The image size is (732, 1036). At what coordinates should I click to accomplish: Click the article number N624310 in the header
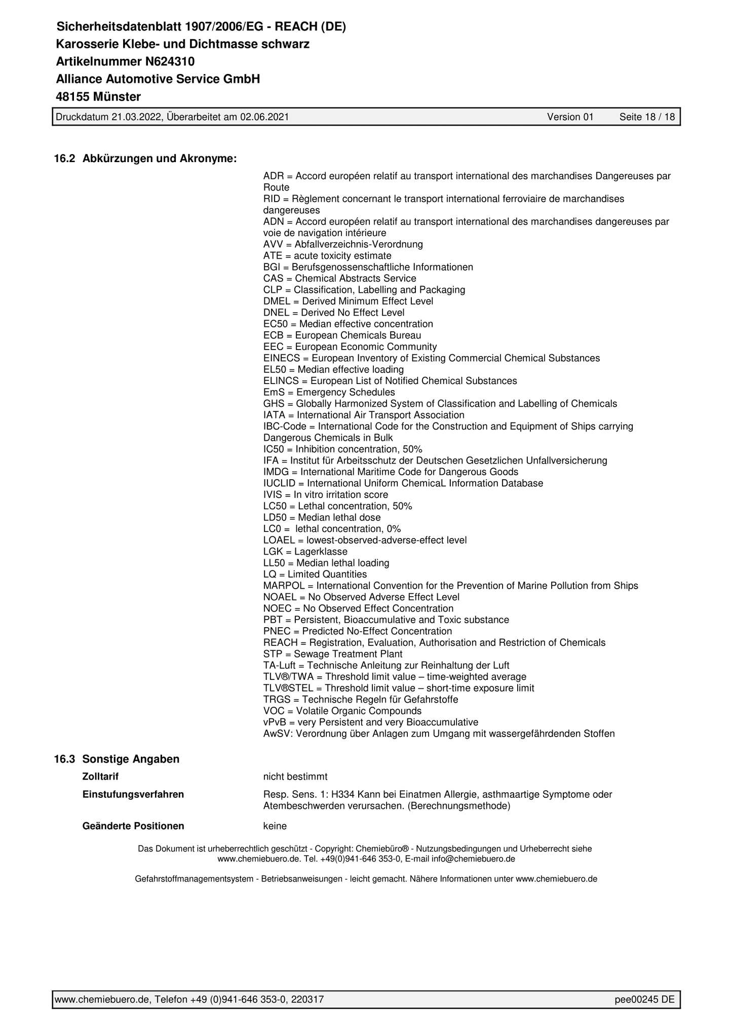[x=169, y=62]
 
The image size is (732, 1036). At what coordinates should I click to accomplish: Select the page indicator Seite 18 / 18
[x=647, y=117]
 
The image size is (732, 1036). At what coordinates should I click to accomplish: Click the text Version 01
[x=570, y=117]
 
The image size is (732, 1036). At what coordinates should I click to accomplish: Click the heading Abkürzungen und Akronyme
[x=159, y=159]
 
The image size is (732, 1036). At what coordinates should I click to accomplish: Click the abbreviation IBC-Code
[x=285, y=427]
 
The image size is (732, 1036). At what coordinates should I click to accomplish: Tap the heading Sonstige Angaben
[x=131, y=759]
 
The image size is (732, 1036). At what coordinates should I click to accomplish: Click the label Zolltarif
[x=100, y=777]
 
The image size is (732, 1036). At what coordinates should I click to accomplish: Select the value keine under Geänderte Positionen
[x=275, y=826]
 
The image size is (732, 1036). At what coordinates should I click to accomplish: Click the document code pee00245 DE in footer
[x=644, y=1000]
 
